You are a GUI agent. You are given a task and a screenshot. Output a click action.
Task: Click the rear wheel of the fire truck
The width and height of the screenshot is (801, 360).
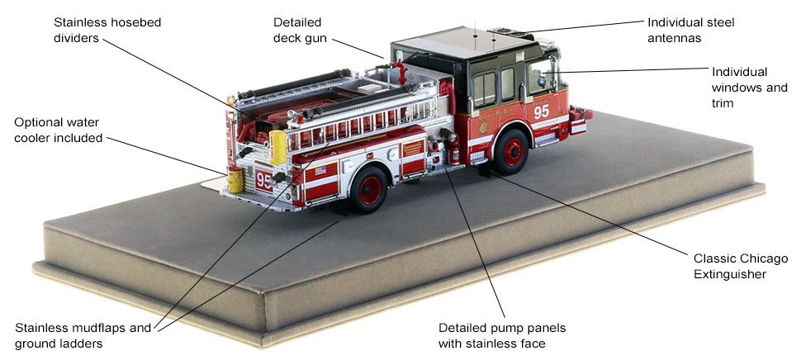(369, 189)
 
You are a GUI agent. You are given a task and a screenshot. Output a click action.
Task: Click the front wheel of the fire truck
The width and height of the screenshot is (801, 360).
(511, 152)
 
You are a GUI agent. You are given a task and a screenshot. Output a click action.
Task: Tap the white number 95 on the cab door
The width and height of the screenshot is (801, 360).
(542, 111)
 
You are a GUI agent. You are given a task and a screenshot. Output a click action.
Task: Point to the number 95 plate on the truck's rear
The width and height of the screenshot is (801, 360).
(264, 180)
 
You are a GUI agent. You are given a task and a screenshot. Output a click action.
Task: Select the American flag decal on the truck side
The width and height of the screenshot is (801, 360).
(320, 171)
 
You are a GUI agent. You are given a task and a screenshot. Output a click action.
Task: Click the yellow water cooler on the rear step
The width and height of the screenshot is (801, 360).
(236, 180)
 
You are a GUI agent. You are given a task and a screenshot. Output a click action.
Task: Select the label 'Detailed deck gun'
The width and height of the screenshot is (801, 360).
(300, 30)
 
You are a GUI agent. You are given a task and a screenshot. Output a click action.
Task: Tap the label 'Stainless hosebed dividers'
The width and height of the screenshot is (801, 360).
(107, 30)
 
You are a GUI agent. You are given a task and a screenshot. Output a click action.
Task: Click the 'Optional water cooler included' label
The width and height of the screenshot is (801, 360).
(59, 130)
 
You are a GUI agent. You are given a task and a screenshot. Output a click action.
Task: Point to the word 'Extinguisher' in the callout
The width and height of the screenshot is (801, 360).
(729, 274)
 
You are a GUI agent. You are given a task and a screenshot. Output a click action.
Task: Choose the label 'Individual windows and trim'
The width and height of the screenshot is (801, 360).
(750, 88)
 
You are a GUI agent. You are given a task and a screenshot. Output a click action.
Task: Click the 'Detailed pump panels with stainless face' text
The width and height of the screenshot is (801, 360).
(502, 335)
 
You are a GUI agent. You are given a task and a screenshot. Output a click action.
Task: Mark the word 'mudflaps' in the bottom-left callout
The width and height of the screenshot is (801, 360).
(104, 328)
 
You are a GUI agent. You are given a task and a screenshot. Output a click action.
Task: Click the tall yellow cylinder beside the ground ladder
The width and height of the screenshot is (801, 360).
(278, 147)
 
